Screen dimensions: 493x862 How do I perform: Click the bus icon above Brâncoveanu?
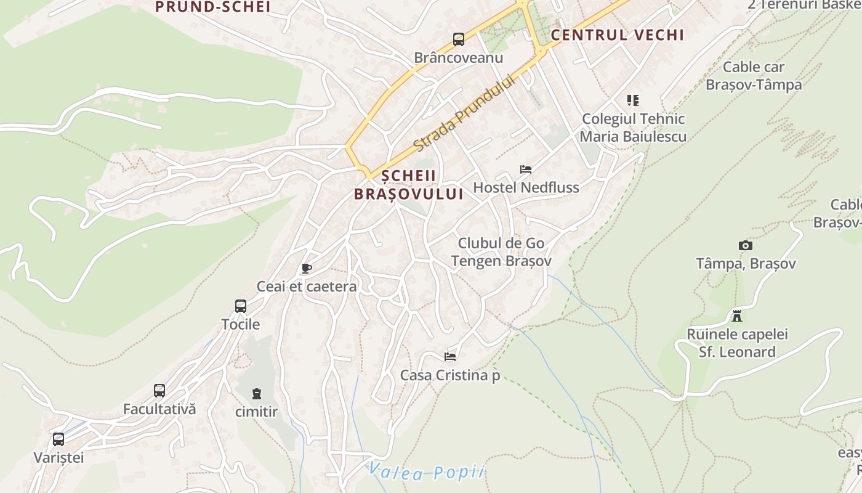pyautogui.click(x=459, y=39)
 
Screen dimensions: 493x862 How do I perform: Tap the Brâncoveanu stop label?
pyautogui.click(x=458, y=58)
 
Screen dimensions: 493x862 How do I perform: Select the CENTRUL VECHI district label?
pyautogui.click(x=617, y=35)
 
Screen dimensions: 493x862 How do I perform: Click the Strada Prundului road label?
pyautogui.click(x=464, y=113)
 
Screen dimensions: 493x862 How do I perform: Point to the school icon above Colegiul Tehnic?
pyautogui.click(x=632, y=100)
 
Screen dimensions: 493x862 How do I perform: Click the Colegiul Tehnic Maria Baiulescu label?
pyautogui.click(x=633, y=128)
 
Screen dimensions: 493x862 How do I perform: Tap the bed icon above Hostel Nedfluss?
pyautogui.click(x=526, y=169)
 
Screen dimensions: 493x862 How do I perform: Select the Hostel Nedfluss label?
pyautogui.click(x=526, y=187)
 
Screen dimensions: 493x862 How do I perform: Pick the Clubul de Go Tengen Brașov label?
pyautogui.click(x=501, y=252)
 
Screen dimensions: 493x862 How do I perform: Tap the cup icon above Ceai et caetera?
pyautogui.click(x=306, y=268)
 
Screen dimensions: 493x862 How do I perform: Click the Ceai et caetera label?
pyautogui.click(x=307, y=287)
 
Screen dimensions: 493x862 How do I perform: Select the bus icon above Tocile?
pyautogui.click(x=241, y=306)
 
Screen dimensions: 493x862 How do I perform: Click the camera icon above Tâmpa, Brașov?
pyautogui.click(x=746, y=245)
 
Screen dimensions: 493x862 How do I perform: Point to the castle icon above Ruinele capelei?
pyautogui.click(x=737, y=316)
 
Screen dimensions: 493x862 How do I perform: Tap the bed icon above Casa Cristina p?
pyautogui.click(x=450, y=356)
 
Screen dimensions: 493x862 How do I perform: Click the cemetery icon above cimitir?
pyautogui.click(x=257, y=393)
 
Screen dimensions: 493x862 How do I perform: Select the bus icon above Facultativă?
pyautogui.click(x=159, y=390)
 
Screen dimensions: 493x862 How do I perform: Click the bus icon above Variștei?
pyautogui.click(x=58, y=439)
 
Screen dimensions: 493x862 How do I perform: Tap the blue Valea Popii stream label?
pyautogui.click(x=426, y=472)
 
